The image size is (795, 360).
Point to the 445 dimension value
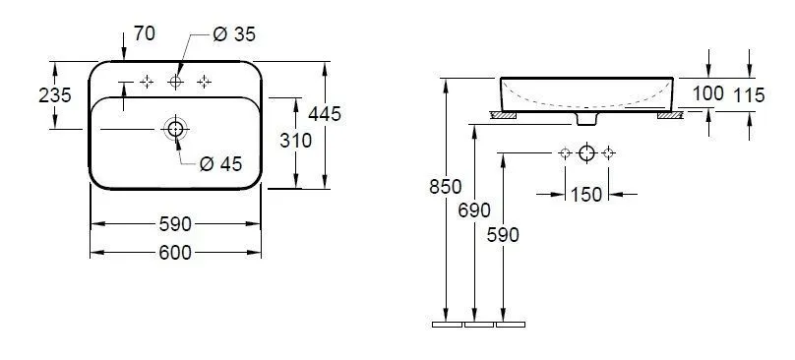tap(324, 114)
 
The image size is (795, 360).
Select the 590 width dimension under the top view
tap(174, 224)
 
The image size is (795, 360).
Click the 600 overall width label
tap(174, 253)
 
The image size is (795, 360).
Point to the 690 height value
tap(475, 211)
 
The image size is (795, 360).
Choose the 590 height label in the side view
tap(503, 234)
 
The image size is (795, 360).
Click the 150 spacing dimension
tap(585, 195)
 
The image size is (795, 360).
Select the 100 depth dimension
tap(707, 93)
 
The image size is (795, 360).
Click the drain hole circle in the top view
tap(175, 129)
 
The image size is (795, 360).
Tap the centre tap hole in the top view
tap(175, 81)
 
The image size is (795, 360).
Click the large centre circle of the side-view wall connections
tap(586, 152)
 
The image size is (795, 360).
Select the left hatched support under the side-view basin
tap(503, 114)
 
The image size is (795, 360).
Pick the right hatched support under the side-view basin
tap(669, 114)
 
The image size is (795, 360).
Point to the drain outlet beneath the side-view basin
tap(586, 118)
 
